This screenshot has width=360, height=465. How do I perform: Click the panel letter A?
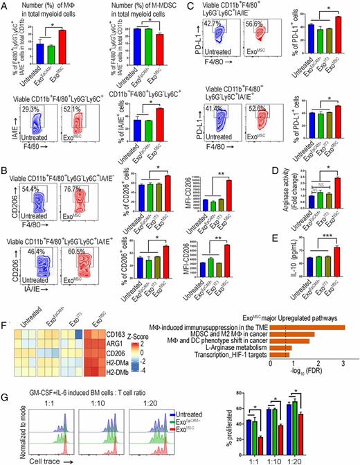[5, 6]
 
